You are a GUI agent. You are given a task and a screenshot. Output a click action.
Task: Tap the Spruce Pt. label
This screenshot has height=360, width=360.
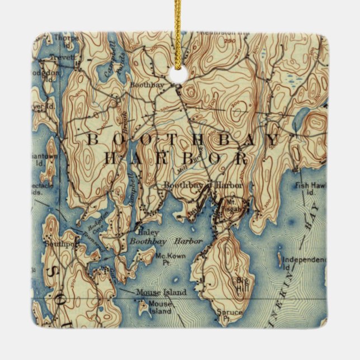pos(231,315)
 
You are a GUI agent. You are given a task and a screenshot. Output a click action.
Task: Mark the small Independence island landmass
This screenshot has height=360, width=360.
pos(278,258)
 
